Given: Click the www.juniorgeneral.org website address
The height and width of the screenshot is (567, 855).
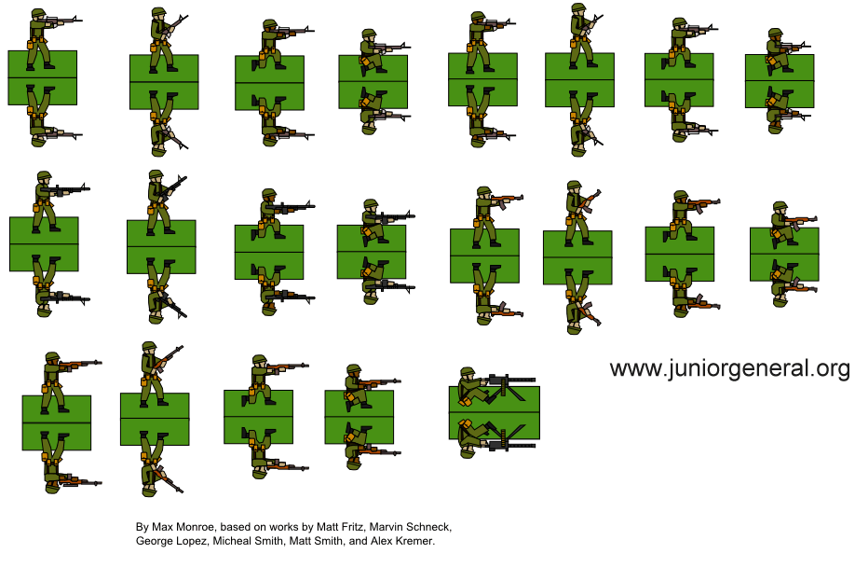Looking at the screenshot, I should click(x=729, y=369).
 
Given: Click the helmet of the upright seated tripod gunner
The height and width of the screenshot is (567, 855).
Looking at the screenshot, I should click(x=466, y=375).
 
